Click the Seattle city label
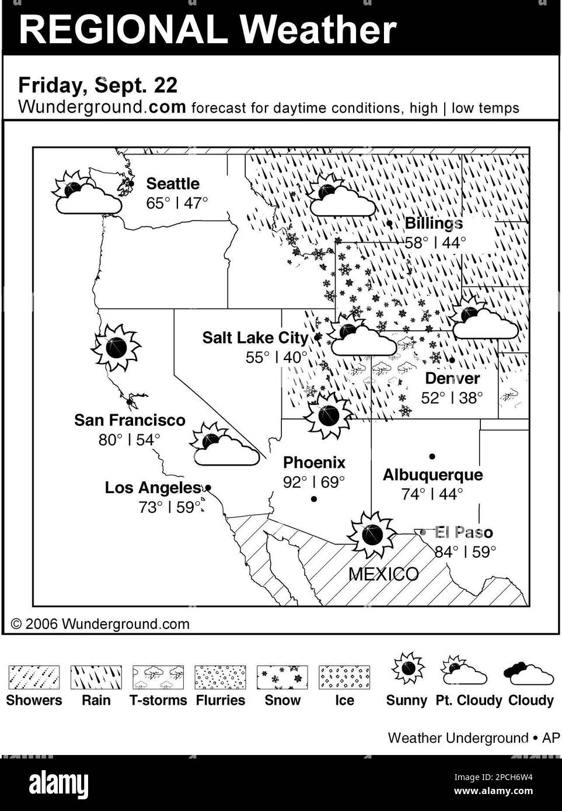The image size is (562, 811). (172, 184)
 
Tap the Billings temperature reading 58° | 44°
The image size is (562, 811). (435, 243)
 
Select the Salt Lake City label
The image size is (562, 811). (255, 338)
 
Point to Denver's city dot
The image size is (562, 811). (452, 360)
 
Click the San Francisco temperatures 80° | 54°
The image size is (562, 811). (129, 440)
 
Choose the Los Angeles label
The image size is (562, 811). (152, 488)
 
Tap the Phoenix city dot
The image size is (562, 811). (314, 499)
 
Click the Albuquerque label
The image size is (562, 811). (432, 475)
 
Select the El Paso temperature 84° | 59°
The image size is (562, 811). (465, 552)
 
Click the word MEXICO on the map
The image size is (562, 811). (383, 574)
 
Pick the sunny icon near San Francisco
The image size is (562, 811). (116, 348)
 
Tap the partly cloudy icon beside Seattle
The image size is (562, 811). (88, 193)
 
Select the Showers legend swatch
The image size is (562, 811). (34, 677)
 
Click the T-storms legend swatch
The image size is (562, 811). (158, 677)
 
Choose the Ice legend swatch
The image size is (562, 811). (344, 677)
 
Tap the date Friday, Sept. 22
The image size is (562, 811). (98, 85)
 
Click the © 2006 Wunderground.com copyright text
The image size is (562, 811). (100, 624)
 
